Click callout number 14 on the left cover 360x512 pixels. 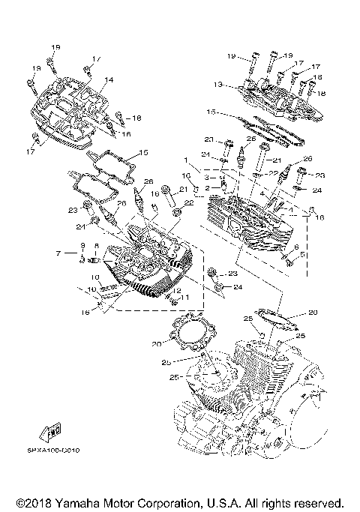pos(109,79)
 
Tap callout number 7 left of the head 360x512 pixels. pos(58,254)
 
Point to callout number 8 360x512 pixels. pos(97,247)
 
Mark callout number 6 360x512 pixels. pos(296,247)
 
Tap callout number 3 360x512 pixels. pos(207,177)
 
